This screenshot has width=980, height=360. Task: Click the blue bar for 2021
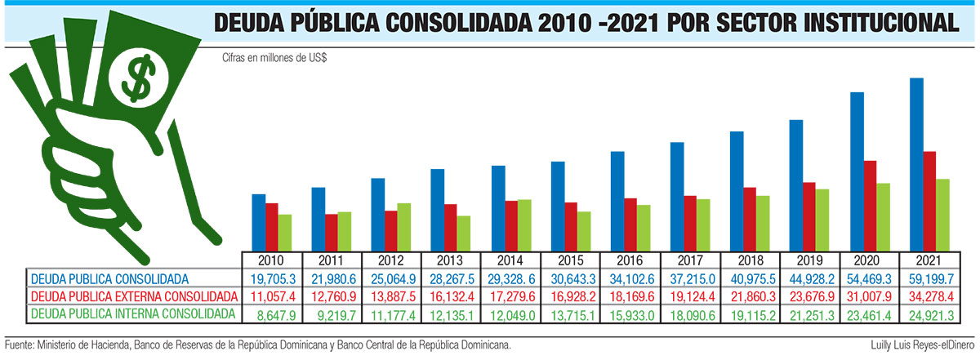click(x=917, y=164)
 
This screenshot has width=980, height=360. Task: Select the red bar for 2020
click(x=871, y=206)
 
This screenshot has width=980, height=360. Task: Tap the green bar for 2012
click(x=404, y=227)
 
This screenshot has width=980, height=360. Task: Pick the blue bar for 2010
click(x=259, y=222)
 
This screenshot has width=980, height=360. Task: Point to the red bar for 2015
click(x=572, y=226)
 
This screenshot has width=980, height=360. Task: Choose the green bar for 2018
click(x=764, y=223)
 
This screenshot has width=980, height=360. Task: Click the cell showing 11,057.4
click(x=274, y=296)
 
